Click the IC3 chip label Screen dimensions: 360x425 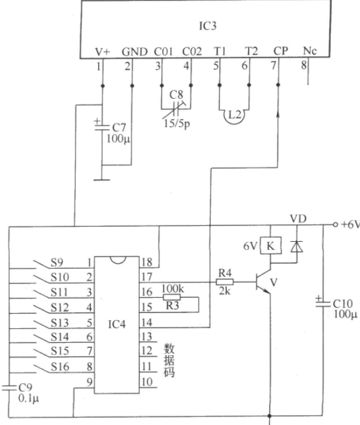(208, 26)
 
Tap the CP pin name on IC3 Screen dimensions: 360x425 (280, 51)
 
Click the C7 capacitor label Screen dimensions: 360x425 (119, 128)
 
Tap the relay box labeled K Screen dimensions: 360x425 (271, 246)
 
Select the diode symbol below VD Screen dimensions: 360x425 (297, 246)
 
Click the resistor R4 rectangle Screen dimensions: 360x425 (225, 283)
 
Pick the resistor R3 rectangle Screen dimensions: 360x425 (171, 297)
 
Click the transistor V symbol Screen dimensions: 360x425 (263, 282)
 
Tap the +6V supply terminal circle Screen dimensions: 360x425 (336, 225)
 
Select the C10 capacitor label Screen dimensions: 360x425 (343, 304)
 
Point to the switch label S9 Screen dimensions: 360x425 (57, 262)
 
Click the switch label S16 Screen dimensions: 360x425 (60, 367)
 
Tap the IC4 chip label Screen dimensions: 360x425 (117, 324)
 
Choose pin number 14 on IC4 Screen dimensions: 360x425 (147, 322)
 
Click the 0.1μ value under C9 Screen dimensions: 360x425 (28, 398)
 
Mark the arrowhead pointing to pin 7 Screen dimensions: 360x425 (278, 114)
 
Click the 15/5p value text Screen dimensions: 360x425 (177, 124)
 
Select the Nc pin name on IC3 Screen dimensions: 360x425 (309, 51)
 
